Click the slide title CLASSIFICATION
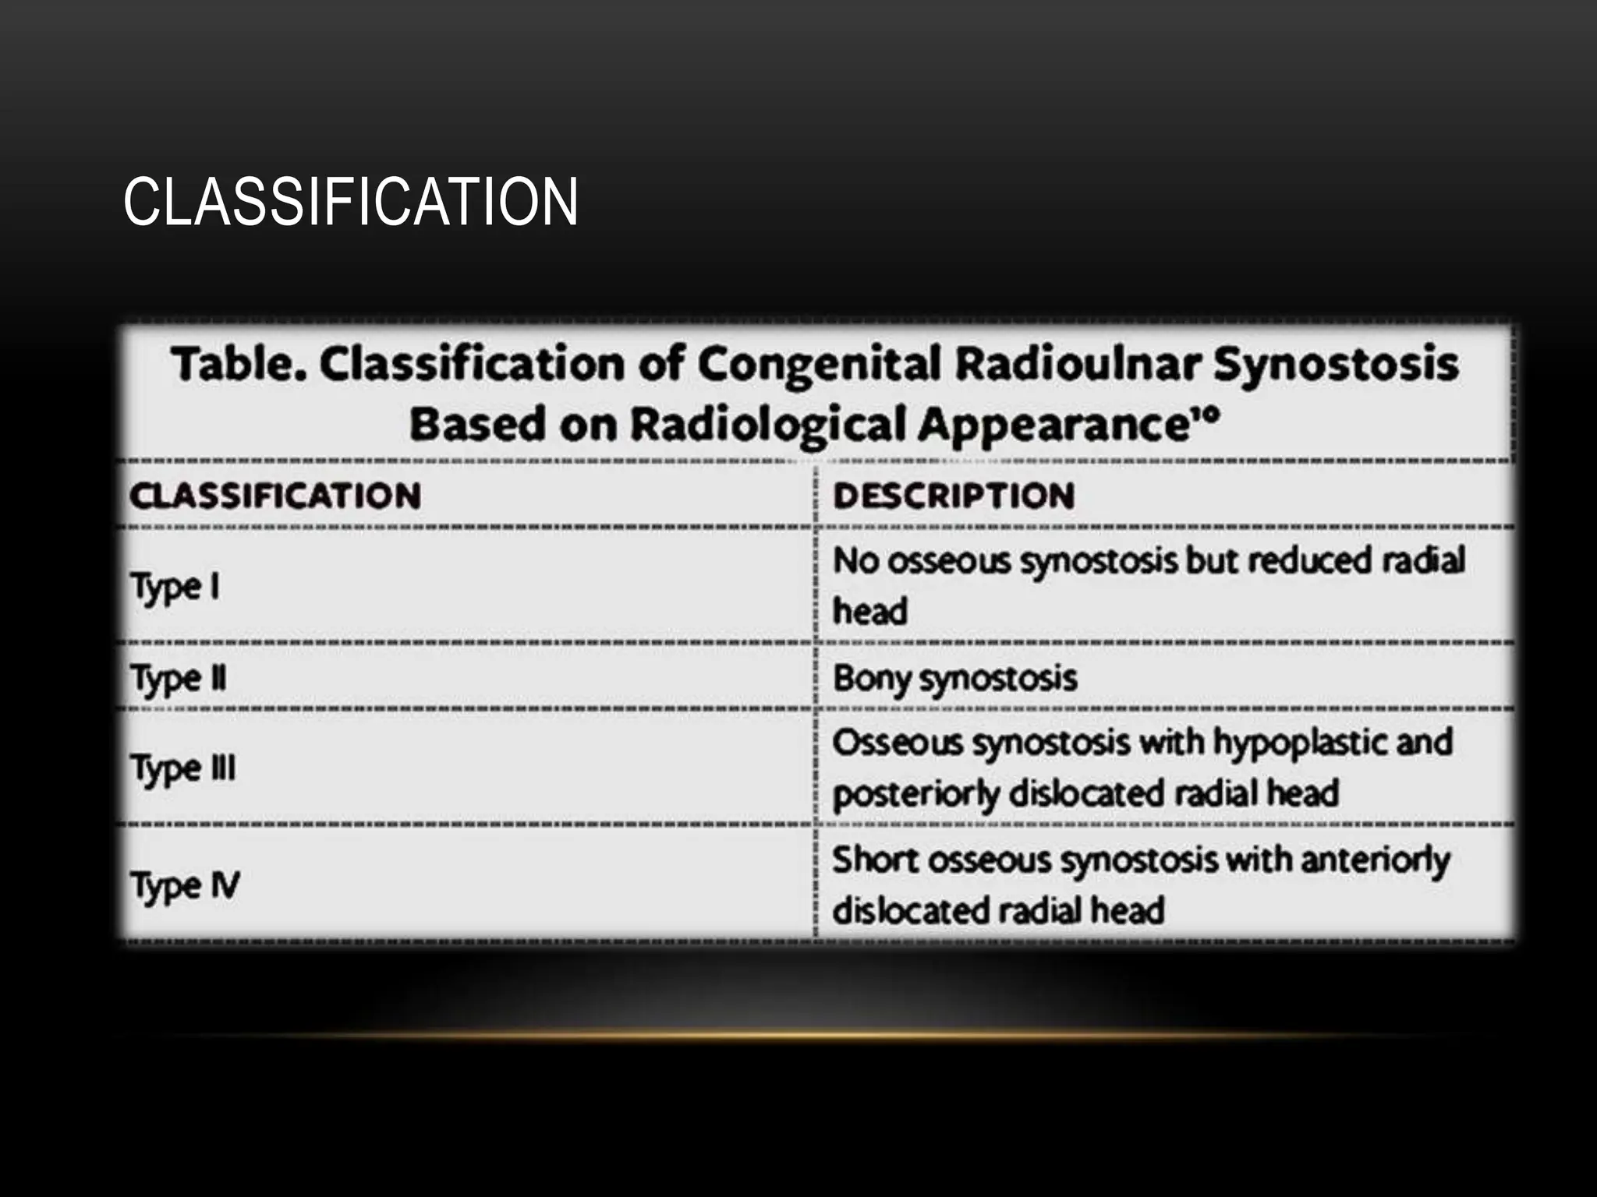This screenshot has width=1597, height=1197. coord(351,202)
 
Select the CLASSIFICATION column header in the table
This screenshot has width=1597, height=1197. coord(275,496)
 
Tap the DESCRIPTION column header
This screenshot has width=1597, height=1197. coord(954,496)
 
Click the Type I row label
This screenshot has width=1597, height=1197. coord(175,587)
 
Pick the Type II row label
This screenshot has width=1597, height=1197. coord(179,678)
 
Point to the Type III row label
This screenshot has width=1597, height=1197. coord(183,768)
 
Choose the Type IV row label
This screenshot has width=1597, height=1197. coord(186,886)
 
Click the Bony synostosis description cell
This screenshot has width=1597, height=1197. coord(955,678)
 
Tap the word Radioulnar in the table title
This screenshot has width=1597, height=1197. coord(1078,364)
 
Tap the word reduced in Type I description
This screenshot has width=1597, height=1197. coord(1309,560)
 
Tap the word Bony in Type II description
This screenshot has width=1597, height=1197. coord(871,678)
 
